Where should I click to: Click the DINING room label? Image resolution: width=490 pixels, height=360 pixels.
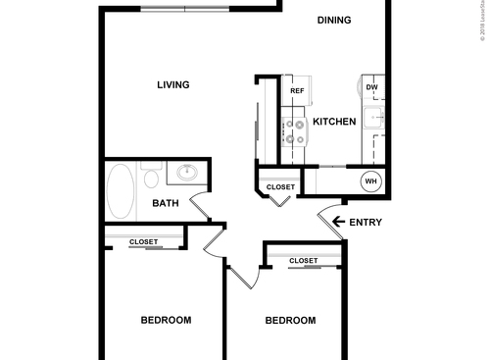coord(335,20)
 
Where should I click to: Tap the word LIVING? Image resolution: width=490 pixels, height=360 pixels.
coord(173,84)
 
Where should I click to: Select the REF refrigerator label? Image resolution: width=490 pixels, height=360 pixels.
coord(297,91)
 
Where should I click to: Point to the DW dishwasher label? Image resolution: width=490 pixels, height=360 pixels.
coord(371,87)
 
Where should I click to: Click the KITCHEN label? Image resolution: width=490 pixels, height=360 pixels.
coord(334,122)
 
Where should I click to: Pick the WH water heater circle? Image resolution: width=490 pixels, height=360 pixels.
coord(371,180)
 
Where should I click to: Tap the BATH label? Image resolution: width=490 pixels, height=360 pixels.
coord(165,204)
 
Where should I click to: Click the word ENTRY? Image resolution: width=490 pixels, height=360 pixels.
coord(365,222)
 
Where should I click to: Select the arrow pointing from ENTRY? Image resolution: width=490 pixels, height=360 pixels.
coord(339,222)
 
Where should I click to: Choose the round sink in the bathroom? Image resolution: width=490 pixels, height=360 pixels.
coord(186,175)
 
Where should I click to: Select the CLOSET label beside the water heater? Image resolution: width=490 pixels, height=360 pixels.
coord(281,186)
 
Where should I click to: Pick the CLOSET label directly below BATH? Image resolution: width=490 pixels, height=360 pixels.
coord(144,240)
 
